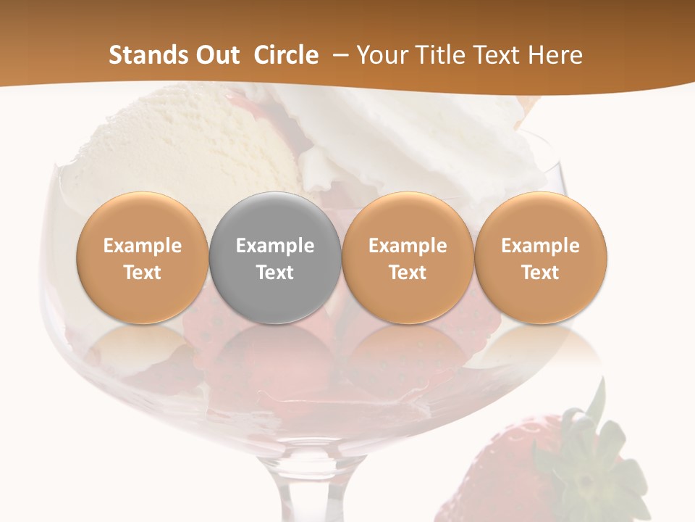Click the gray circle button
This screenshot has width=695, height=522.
(275, 258)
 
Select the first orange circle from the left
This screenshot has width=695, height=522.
(143, 258)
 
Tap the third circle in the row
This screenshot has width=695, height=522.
(408, 258)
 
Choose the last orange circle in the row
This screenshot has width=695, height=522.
(541, 258)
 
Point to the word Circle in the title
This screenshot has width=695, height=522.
(286, 55)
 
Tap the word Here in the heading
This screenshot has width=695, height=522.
(555, 55)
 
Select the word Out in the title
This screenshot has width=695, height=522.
(217, 55)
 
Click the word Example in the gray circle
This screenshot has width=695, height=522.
(275, 246)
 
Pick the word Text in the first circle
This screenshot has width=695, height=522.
(143, 273)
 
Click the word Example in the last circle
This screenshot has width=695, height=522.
(541, 246)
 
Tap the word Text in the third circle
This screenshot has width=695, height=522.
(408, 273)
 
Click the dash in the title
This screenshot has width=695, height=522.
(338, 55)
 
